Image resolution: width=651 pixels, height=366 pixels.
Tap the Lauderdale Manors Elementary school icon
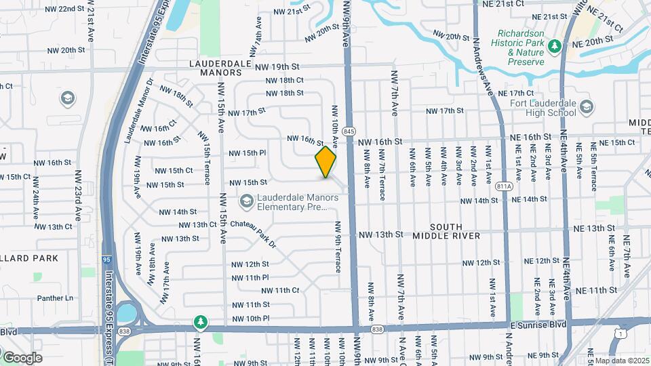tap(245, 201)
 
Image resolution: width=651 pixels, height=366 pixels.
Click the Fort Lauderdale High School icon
tap(586, 107)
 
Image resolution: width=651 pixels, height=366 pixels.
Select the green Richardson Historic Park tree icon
tap(555, 46)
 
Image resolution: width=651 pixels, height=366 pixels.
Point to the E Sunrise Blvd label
tap(538, 325)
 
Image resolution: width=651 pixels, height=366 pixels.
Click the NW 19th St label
tap(277, 66)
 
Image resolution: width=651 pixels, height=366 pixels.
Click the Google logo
tap(22, 358)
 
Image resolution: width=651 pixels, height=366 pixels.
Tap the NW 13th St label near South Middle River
tap(380, 235)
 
